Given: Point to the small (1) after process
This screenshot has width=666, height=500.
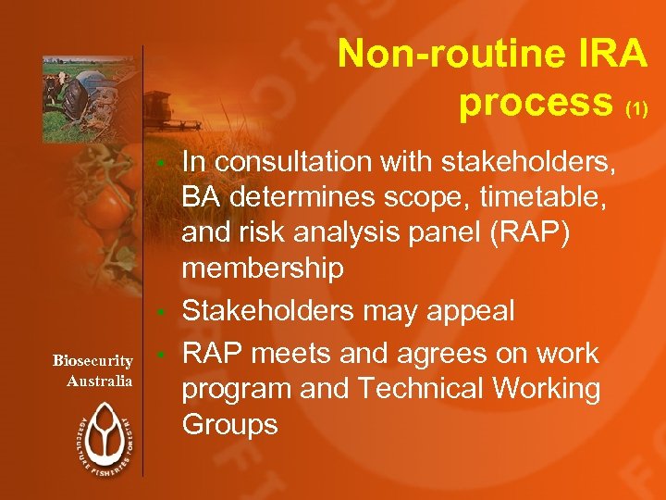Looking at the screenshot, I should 637,109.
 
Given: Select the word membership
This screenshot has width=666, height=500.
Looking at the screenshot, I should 263,269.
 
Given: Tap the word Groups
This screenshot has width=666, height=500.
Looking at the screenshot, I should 229,425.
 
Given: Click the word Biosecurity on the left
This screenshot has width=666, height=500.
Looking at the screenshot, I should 92,360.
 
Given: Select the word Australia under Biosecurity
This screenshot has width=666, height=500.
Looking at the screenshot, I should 100,381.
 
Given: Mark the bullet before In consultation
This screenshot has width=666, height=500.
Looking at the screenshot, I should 160,163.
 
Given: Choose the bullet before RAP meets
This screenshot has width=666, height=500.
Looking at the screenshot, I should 160,355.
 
